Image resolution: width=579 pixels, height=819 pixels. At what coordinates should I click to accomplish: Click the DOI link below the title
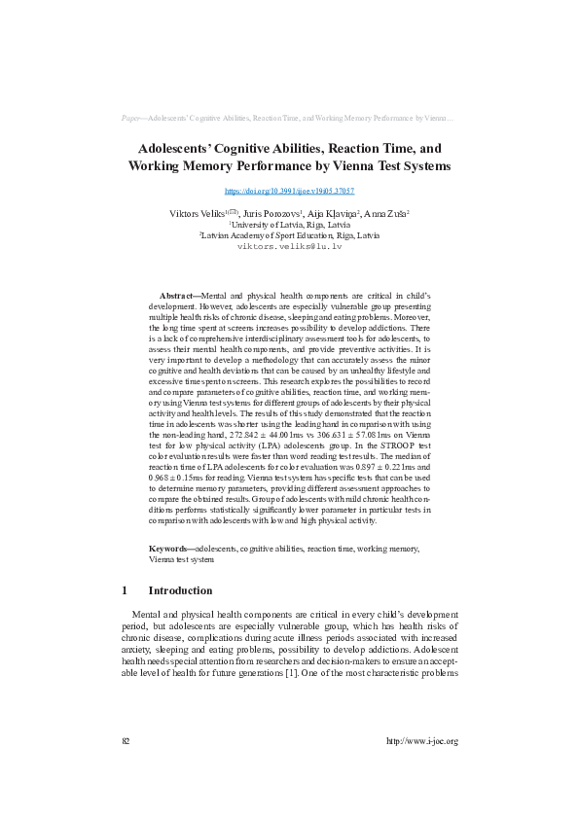coord(289,192)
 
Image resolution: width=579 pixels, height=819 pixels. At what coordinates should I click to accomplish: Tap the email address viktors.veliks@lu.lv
coord(289,247)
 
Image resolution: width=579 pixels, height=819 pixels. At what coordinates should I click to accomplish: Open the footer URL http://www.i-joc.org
coord(422,740)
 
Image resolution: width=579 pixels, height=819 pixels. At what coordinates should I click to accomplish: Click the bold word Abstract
coord(178,294)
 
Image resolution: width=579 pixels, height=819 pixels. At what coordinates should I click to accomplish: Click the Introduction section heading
coord(180,590)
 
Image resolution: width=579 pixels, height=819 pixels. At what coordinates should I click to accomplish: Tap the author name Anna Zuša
coord(385,212)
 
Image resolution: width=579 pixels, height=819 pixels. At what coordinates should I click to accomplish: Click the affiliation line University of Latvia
coord(289,224)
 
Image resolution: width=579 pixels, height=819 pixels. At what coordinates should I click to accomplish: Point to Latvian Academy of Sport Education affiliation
coord(289,235)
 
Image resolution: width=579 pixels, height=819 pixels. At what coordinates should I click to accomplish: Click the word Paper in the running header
coord(132,118)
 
